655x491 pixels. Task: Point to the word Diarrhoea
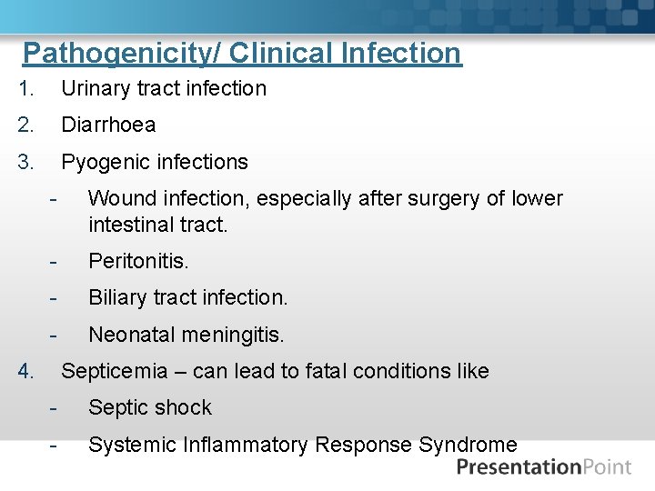pos(108,125)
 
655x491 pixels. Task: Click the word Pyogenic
pos(101,163)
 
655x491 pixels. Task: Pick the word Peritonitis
pos(138,262)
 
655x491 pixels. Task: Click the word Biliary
pos(118,298)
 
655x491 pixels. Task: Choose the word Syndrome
pos(468,445)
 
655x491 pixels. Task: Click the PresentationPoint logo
pos(543,467)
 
